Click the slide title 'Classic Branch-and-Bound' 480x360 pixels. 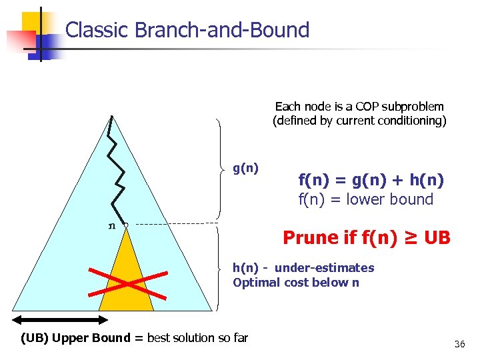[x=187, y=30]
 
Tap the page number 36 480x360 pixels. [x=459, y=344]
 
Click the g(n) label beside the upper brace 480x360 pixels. [x=245, y=169]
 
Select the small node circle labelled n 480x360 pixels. [x=125, y=225]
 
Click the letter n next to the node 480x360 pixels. [x=112, y=225]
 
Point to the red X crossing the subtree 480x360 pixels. [x=126, y=283]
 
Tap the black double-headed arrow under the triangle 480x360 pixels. [x=57, y=319]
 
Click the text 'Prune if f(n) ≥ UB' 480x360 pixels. [x=366, y=237]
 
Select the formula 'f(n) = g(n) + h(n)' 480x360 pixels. [x=371, y=179]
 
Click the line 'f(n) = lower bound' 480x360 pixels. [x=365, y=199]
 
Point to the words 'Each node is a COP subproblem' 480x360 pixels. [x=359, y=106]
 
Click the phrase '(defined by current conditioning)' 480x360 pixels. [x=359, y=121]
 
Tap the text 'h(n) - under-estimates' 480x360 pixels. [x=303, y=267]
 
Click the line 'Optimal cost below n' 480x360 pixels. [x=296, y=282]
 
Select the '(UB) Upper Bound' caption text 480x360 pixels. [x=75, y=337]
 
